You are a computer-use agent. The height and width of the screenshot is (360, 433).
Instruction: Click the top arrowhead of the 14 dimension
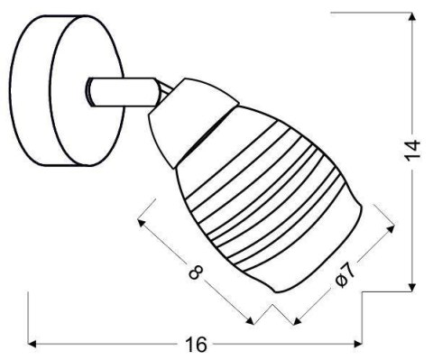click(x=412, y=18)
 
